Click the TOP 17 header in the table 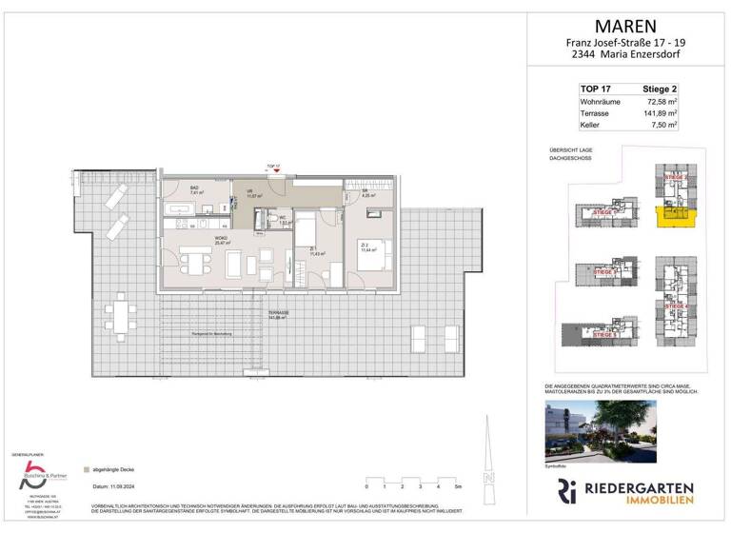[596, 88]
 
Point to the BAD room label [194, 188]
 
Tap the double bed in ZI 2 [370, 256]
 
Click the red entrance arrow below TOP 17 [276, 172]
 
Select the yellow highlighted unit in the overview [678, 220]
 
